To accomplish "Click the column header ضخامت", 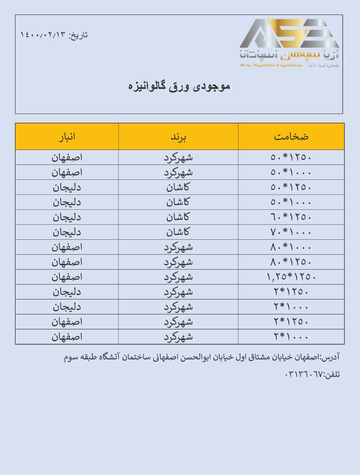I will click(x=291, y=136).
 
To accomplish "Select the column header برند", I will click(x=179, y=136).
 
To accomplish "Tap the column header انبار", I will click(x=67, y=136).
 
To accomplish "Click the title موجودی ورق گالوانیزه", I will click(x=179, y=86).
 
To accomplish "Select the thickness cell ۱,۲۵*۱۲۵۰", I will click(x=291, y=277).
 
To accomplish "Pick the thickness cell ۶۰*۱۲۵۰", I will click(x=291, y=217).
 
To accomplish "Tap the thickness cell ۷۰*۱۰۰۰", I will click(x=291, y=232).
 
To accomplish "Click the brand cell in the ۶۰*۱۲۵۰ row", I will click(x=178, y=217).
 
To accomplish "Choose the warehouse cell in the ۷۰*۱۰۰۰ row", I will click(x=67, y=232).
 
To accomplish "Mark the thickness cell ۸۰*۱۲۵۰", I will click(x=291, y=262).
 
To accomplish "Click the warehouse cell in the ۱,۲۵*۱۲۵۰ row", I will click(x=67, y=277).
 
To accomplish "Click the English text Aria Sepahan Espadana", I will click(x=271, y=65).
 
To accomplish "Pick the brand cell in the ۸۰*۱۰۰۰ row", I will click(x=178, y=247).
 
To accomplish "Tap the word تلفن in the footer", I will click(x=333, y=375).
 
